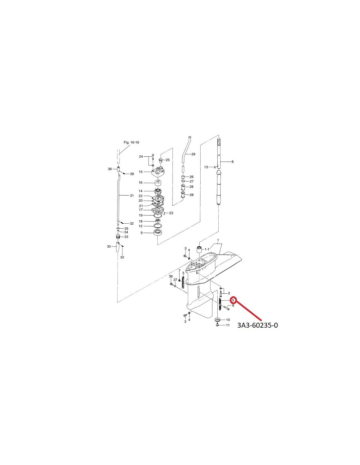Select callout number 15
(x=141, y=172)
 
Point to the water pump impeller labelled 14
(x=158, y=191)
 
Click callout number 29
(x=193, y=154)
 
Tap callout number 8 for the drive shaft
(x=233, y=162)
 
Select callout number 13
(x=206, y=167)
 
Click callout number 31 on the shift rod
(x=132, y=195)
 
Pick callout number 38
(x=110, y=169)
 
